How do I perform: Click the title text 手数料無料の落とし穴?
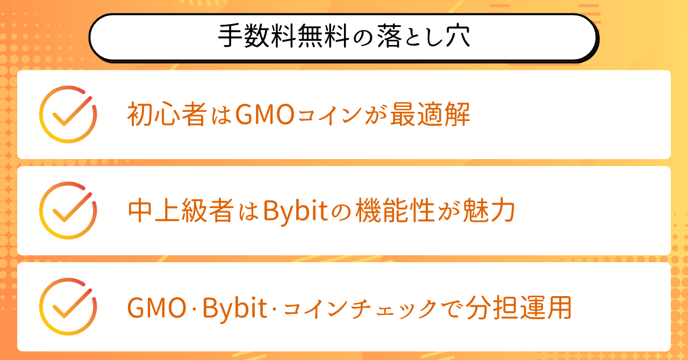pyautogui.click(x=344, y=36)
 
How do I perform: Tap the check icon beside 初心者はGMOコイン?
pyautogui.click(x=68, y=114)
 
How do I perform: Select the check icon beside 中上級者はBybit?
pyautogui.click(x=68, y=211)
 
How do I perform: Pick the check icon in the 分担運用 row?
pyautogui.click(x=68, y=307)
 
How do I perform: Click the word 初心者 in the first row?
pyautogui.click(x=167, y=114)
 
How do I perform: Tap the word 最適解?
pyautogui.click(x=431, y=114)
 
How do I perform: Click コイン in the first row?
pyautogui.click(x=330, y=115)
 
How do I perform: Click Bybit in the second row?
pyautogui.click(x=296, y=211)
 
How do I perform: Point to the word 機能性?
pyautogui.click(x=395, y=211)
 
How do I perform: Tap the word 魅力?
pyautogui.click(x=489, y=211)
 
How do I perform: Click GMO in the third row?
pyautogui.click(x=157, y=308)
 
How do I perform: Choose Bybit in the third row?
pyautogui.click(x=235, y=308)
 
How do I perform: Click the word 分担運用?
pyautogui.click(x=519, y=307)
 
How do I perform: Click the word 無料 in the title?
pyautogui.click(x=324, y=36)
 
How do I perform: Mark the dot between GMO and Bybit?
pyautogui.click(x=195, y=308)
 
